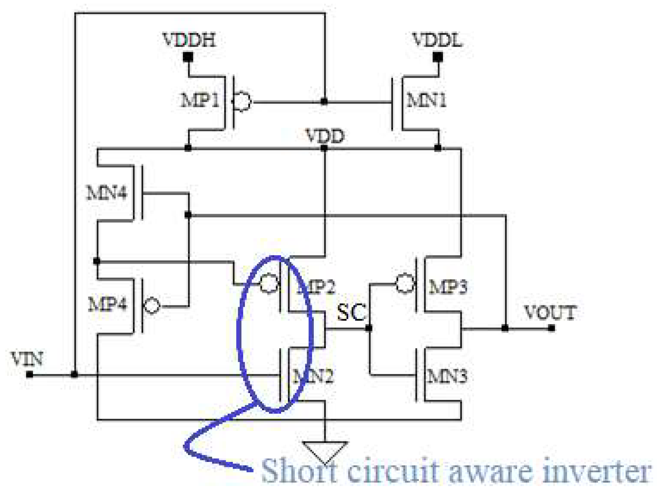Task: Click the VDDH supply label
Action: (x=189, y=40)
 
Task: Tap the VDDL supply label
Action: (x=437, y=40)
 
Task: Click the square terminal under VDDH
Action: (x=188, y=57)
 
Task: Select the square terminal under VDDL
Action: (x=438, y=57)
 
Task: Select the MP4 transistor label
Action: (x=107, y=304)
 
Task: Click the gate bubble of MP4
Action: (x=152, y=306)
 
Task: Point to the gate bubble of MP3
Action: (x=405, y=284)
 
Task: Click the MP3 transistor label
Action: (x=448, y=286)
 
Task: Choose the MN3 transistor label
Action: (x=447, y=376)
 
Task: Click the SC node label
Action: (x=351, y=312)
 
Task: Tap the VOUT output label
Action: (x=550, y=312)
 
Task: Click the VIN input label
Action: (x=27, y=359)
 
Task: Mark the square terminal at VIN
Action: (x=30, y=375)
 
